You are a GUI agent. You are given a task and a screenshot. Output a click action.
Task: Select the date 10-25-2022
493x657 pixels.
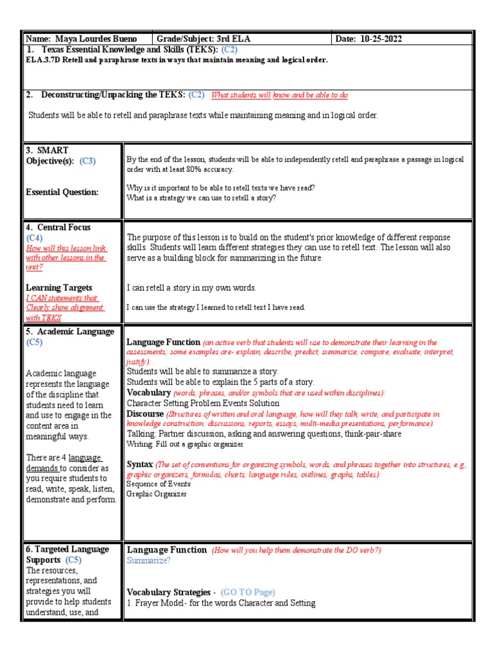pyautogui.click(x=379, y=39)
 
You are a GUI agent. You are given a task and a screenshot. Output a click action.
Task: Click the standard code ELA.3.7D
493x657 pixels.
pyautogui.click(x=43, y=60)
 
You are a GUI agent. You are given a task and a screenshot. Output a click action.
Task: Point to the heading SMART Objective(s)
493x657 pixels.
pyautogui.click(x=57, y=156)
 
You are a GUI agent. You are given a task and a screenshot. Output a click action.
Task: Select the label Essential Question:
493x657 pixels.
pyautogui.click(x=62, y=192)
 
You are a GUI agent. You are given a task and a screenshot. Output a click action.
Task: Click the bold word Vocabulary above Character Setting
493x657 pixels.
pyautogui.click(x=149, y=392)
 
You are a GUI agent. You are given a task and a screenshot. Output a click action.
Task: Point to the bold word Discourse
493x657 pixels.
pyautogui.click(x=146, y=414)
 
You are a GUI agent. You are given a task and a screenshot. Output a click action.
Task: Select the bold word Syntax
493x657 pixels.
pyautogui.click(x=140, y=464)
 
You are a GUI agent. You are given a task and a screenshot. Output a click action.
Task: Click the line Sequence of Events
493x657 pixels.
pyautogui.click(x=159, y=484)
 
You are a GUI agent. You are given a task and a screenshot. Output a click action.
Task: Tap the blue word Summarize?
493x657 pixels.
pyautogui.click(x=149, y=560)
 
